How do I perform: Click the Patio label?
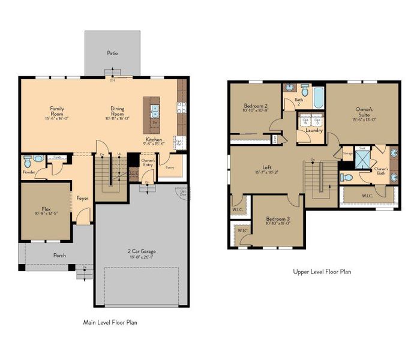[x=112, y=53]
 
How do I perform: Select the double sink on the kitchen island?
[x=154, y=111]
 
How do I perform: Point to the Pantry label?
[x=170, y=169]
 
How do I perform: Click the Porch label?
[x=59, y=255]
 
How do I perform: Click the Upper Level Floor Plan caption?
[x=322, y=271]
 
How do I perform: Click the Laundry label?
[x=314, y=130]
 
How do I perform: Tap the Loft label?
[x=268, y=167]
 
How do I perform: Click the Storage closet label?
[x=347, y=154]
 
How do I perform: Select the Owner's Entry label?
[x=148, y=162]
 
